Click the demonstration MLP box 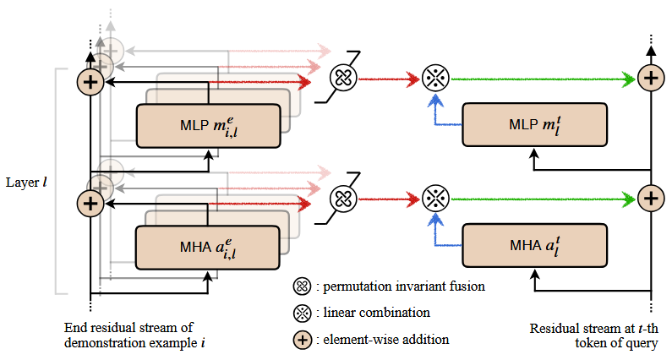[207, 126]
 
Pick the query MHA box [533, 247]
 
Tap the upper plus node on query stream [649, 79]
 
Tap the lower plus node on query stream [649, 199]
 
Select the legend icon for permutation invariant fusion [302, 286]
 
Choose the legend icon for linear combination [302, 313]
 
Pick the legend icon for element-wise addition [302, 339]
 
